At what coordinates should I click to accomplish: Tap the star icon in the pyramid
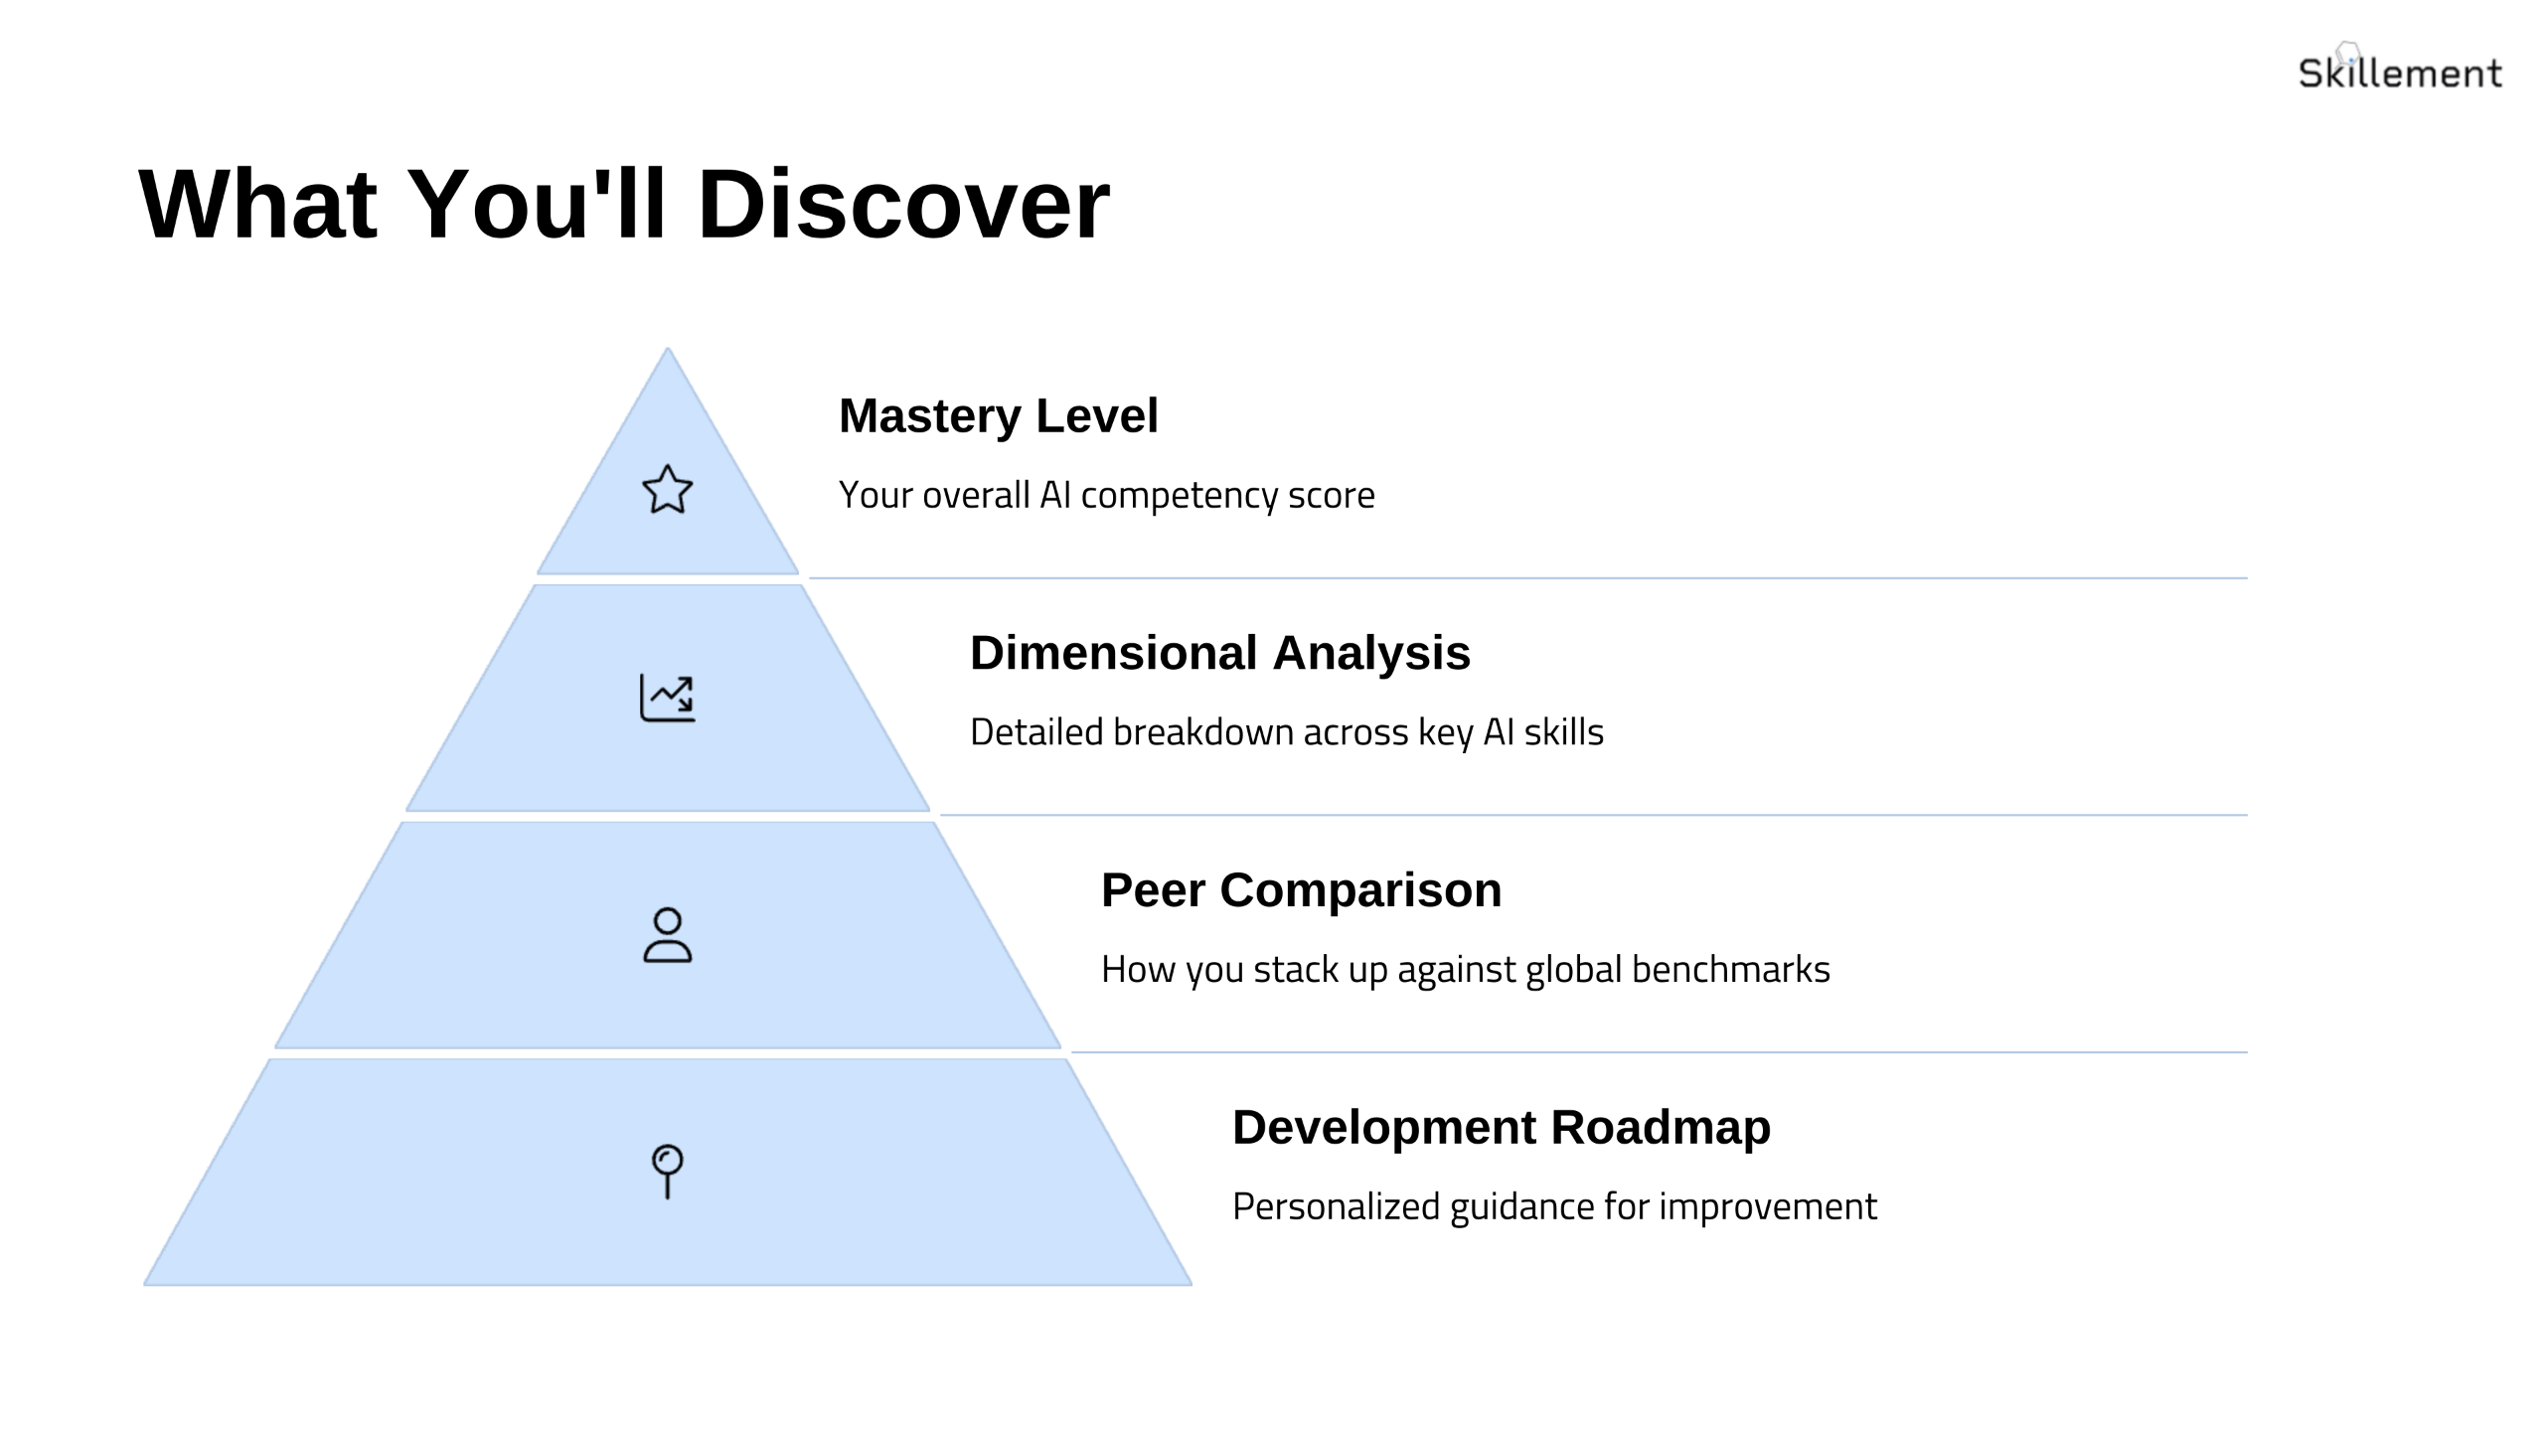[x=667, y=490]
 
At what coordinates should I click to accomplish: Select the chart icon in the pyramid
[x=667, y=697]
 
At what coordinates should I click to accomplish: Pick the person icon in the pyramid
[x=667, y=935]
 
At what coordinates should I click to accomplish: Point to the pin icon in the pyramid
[x=667, y=1171]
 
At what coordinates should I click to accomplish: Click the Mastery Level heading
[x=998, y=415]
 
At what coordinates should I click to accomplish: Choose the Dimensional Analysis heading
[x=1219, y=653]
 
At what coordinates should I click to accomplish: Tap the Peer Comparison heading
[x=1301, y=889]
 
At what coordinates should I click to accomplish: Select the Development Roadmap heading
[x=1501, y=1127]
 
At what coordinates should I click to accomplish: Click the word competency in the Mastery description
[x=1179, y=496]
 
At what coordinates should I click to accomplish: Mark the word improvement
[x=1768, y=1206]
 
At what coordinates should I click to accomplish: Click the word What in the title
[x=257, y=205]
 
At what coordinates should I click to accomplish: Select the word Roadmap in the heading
[x=1661, y=1127]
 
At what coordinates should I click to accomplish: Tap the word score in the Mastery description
[x=1332, y=496]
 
